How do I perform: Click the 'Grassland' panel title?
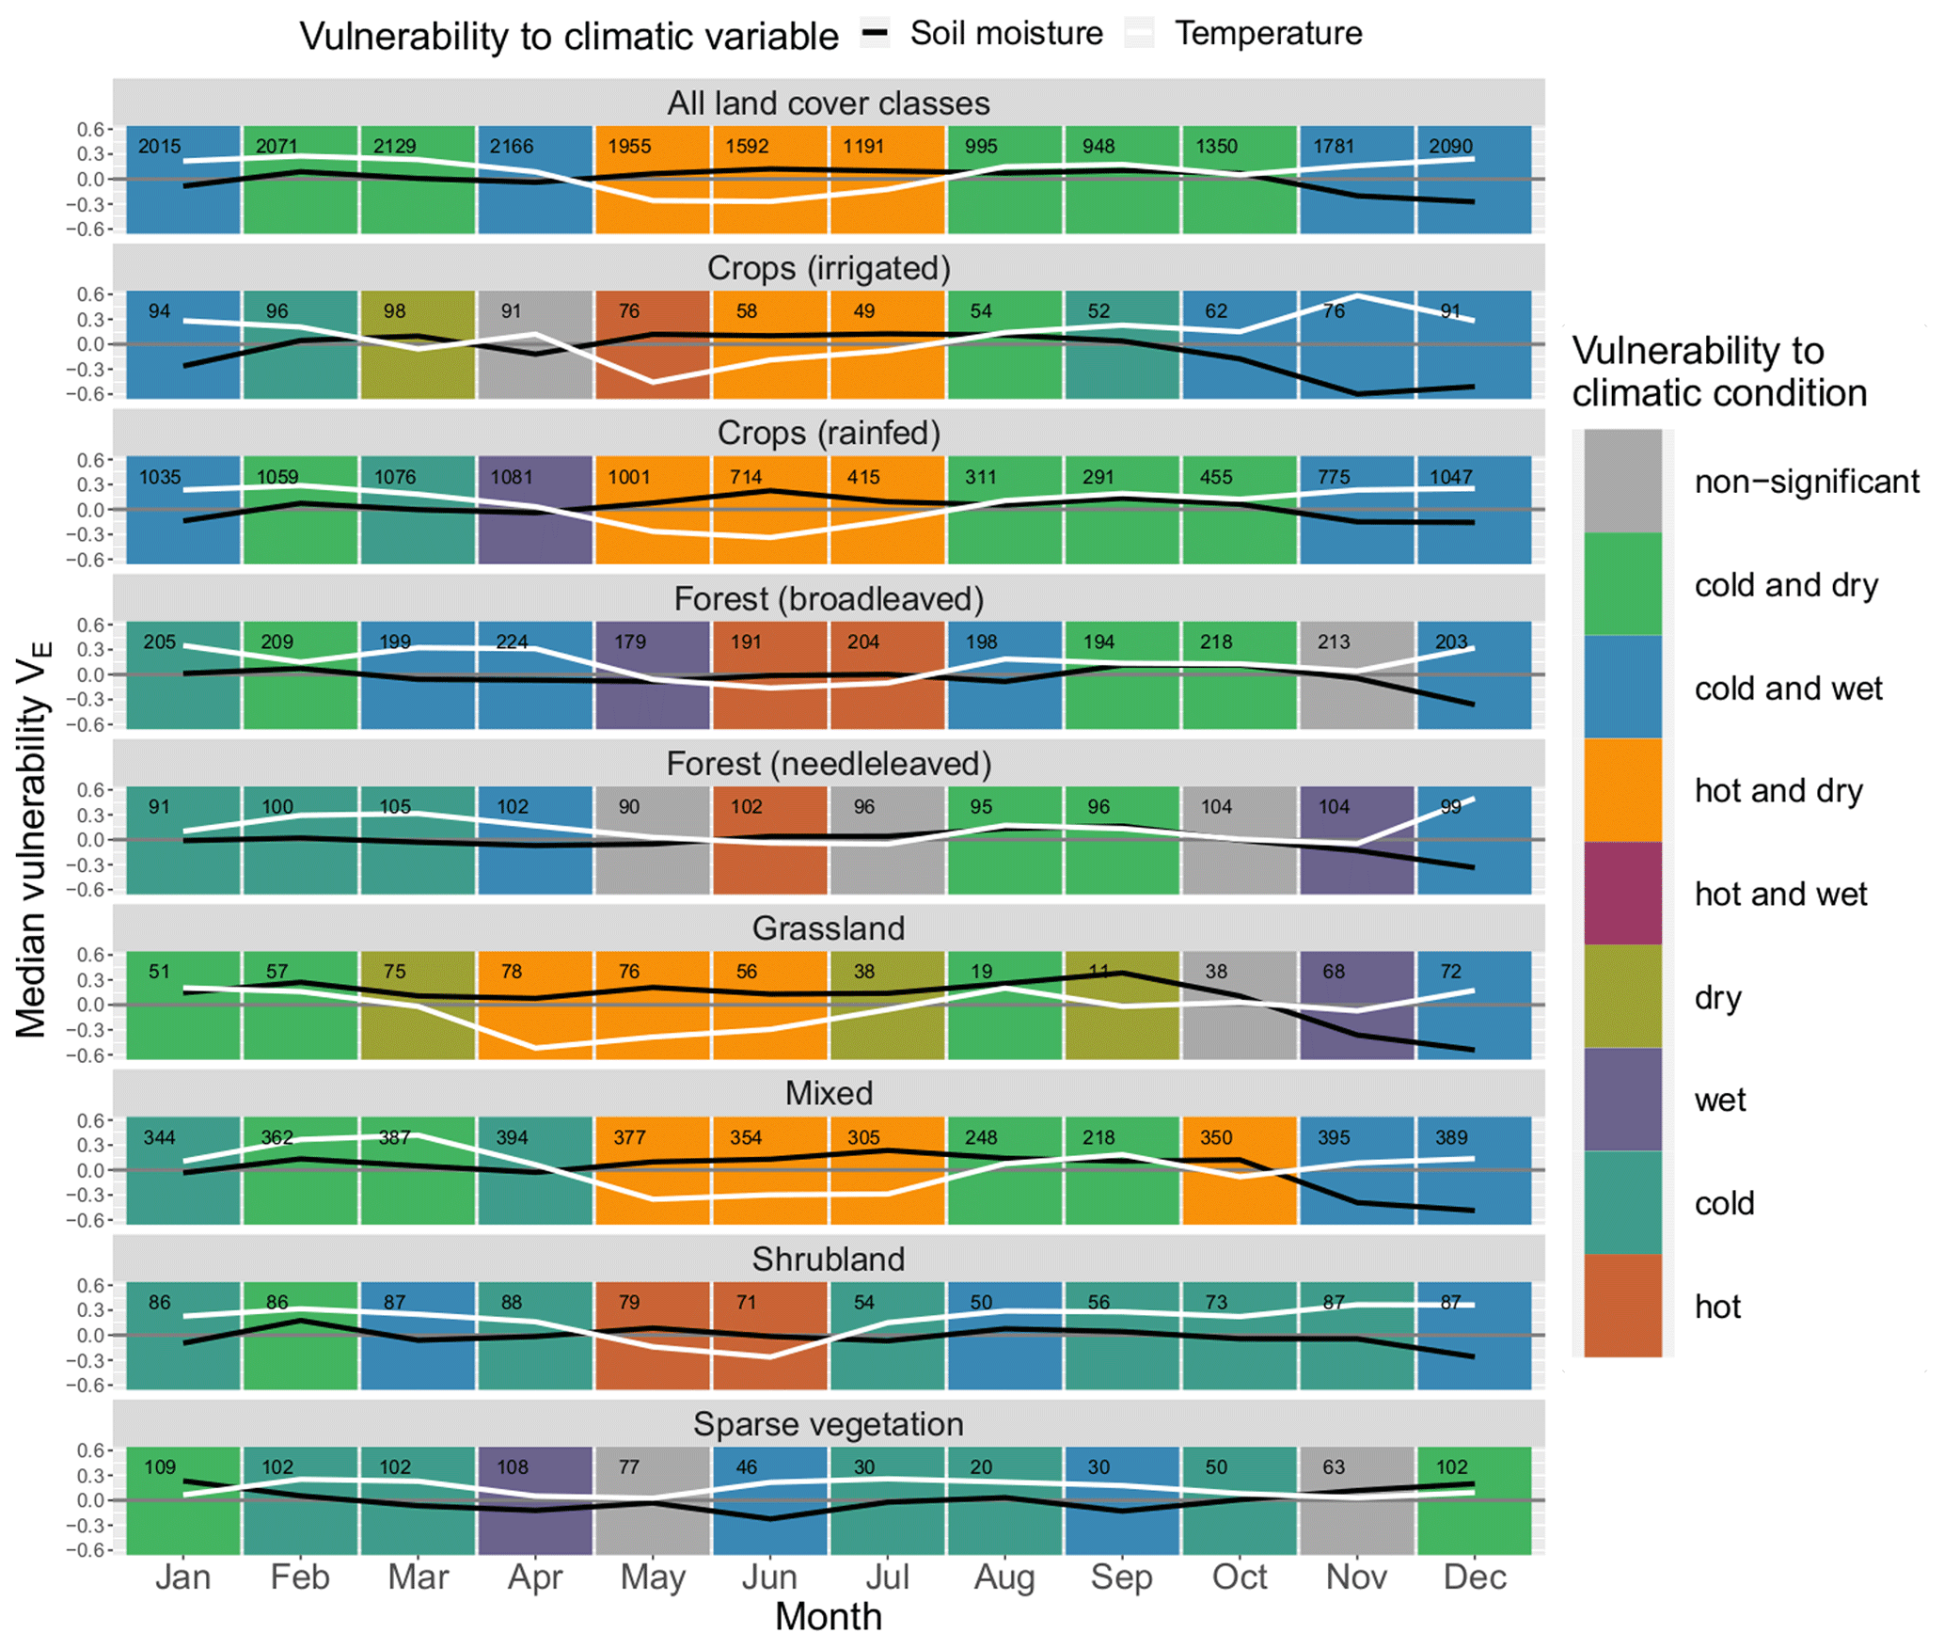pyautogui.click(x=828, y=928)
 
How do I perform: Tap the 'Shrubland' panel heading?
pyautogui.click(x=828, y=1259)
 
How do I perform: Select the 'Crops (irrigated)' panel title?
pyautogui.click(x=828, y=268)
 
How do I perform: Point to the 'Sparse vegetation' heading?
pyautogui.click(x=828, y=1424)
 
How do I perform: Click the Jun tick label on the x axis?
pyautogui.click(x=769, y=1577)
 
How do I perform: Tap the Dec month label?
pyautogui.click(x=1474, y=1577)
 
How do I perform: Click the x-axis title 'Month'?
pyautogui.click(x=828, y=1617)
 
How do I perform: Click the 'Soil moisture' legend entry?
pyautogui.click(x=1005, y=34)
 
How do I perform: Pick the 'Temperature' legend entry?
pyautogui.click(x=1268, y=34)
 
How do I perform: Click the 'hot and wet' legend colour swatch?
pyautogui.click(x=1622, y=893)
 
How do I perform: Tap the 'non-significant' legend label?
pyautogui.click(x=1806, y=482)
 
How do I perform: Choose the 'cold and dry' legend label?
pyautogui.click(x=1786, y=585)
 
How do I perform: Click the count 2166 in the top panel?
pyautogui.click(x=511, y=147)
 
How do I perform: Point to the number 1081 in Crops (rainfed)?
pyautogui.click(x=511, y=477)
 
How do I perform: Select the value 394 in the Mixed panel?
pyautogui.click(x=511, y=1137)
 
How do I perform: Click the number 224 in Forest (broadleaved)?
pyautogui.click(x=511, y=642)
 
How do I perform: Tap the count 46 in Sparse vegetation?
pyautogui.click(x=746, y=1467)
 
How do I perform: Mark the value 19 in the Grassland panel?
pyautogui.click(x=981, y=972)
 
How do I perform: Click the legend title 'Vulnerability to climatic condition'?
pyautogui.click(x=1718, y=372)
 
